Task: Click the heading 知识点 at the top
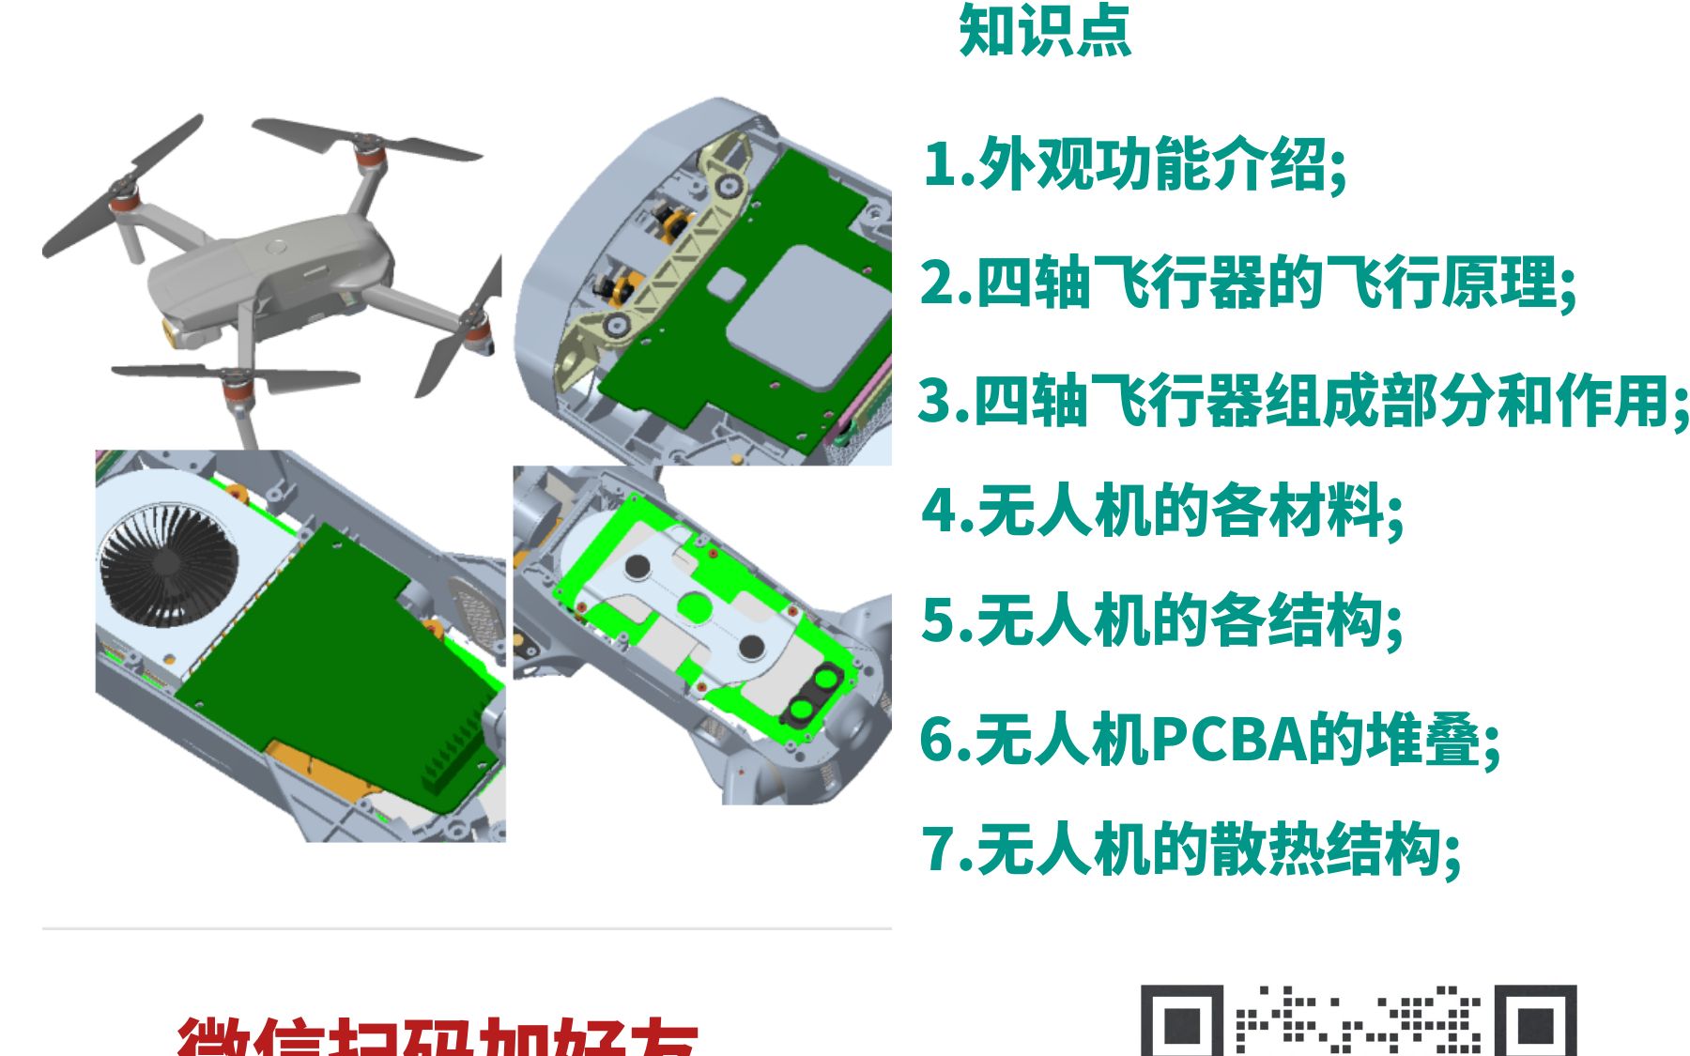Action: point(1044,31)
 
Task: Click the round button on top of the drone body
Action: point(275,248)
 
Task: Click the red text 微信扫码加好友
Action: point(438,1036)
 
